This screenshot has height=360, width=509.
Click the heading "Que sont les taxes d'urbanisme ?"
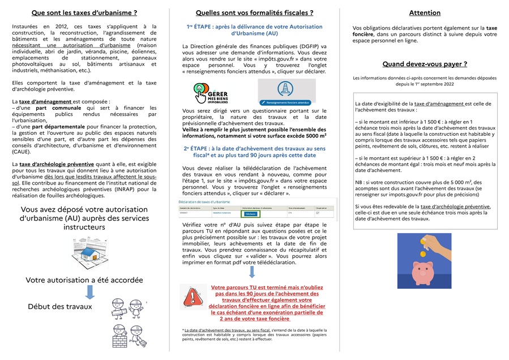(x=84, y=12)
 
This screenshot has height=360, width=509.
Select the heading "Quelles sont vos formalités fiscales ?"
(x=254, y=12)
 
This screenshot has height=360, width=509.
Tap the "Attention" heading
(x=425, y=12)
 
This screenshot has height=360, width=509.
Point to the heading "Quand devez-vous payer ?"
(x=425, y=65)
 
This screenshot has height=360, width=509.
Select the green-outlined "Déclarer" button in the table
(x=249, y=214)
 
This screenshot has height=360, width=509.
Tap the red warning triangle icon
(x=190, y=295)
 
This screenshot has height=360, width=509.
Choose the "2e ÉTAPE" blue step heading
(x=254, y=151)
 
